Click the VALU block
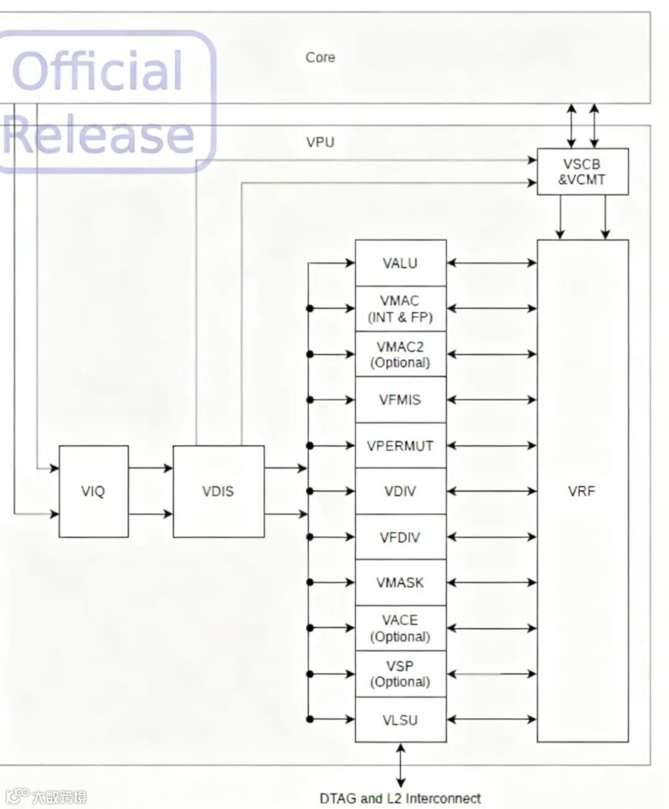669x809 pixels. pyautogui.click(x=400, y=263)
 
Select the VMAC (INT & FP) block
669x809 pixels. pyautogui.click(x=400, y=309)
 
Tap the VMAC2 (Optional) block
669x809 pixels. pyautogui.click(x=400, y=354)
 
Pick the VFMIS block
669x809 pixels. pyautogui.click(x=400, y=400)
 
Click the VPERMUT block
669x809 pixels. pyautogui.click(x=400, y=446)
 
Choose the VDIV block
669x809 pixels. pyautogui.click(x=400, y=491)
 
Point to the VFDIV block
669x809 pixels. pyautogui.click(x=400, y=537)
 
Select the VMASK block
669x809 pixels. pyautogui.click(x=400, y=583)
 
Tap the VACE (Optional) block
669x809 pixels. pyautogui.click(x=400, y=628)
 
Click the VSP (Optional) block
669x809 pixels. pyautogui.click(x=400, y=674)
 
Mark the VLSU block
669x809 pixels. pyautogui.click(x=400, y=720)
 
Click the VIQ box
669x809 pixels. pyautogui.click(x=94, y=491)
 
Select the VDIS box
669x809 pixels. pyautogui.click(x=218, y=491)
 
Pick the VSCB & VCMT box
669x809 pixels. pyautogui.click(x=582, y=172)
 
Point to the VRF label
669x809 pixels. pyautogui.click(x=582, y=491)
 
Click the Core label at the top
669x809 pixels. pyautogui.click(x=320, y=58)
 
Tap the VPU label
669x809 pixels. pyautogui.click(x=320, y=142)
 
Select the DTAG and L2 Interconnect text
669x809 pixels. pyautogui.click(x=400, y=798)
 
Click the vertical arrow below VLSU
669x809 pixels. pyautogui.click(x=401, y=766)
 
